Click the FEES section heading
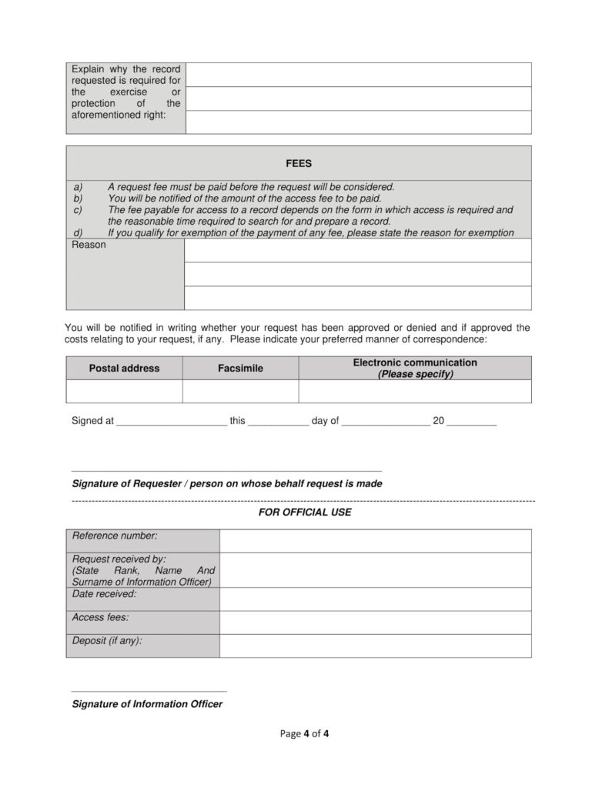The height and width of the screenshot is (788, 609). (299, 163)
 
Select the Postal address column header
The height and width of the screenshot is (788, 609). (124, 369)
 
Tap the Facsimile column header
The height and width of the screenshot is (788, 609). (240, 369)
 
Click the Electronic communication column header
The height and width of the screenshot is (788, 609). (415, 369)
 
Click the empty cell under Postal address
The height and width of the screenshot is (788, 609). (124, 391)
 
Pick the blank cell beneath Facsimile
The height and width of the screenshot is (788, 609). (240, 391)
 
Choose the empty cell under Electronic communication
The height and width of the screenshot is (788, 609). (415, 391)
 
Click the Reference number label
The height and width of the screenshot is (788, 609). (115, 536)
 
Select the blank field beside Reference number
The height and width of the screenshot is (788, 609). (375, 541)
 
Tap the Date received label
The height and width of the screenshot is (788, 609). (104, 594)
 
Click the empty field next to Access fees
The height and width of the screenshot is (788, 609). (375, 623)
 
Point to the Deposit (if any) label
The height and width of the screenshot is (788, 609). (107, 640)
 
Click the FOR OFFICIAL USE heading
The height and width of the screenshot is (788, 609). (305, 513)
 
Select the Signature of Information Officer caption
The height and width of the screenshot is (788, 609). (147, 704)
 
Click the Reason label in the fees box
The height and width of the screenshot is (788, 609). (89, 245)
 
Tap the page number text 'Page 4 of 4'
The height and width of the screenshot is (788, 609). (304, 733)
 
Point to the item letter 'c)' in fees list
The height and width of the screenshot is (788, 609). (77, 209)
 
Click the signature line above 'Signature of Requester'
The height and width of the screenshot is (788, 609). (226, 470)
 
